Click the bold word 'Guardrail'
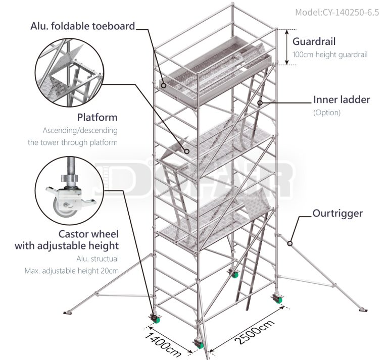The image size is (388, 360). (x=314, y=41)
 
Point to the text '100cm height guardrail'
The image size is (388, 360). (x=330, y=55)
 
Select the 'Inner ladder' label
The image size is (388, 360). (x=342, y=100)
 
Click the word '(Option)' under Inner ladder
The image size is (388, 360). (x=327, y=113)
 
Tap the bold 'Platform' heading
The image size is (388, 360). (x=97, y=117)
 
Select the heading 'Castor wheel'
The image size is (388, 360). (x=88, y=234)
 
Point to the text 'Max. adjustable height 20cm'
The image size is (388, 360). (x=72, y=271)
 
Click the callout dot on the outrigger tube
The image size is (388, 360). (x=289, y=244)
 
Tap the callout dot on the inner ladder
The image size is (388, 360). (x=260, y=103)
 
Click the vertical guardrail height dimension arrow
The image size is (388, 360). (x=286, y=47)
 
